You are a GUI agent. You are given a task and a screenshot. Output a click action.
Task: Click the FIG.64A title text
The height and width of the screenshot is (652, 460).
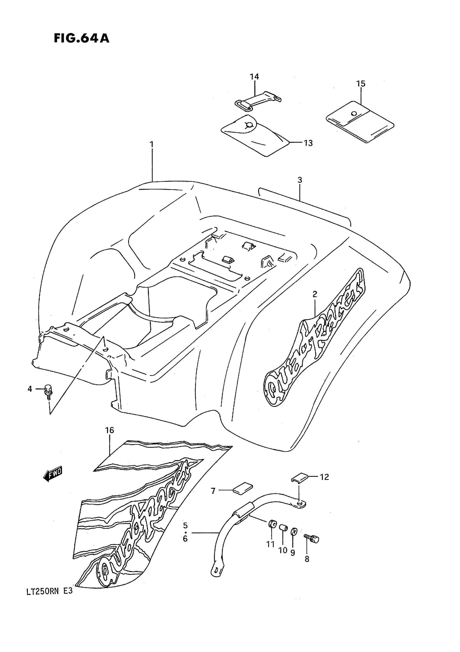pos(81,38)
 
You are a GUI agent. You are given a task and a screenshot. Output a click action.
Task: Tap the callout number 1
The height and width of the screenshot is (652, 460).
pos(152,145)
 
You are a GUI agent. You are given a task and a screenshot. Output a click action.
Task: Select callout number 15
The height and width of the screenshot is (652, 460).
pos(361,84)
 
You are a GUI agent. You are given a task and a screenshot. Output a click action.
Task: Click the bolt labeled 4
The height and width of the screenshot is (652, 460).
pos(49,390)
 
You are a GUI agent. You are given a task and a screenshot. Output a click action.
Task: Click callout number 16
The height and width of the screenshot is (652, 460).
pos(110,438)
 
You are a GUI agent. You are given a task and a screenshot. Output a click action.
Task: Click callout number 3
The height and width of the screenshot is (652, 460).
pos(300,180)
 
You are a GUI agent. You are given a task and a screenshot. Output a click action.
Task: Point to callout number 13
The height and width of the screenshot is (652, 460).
pos(308,143)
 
